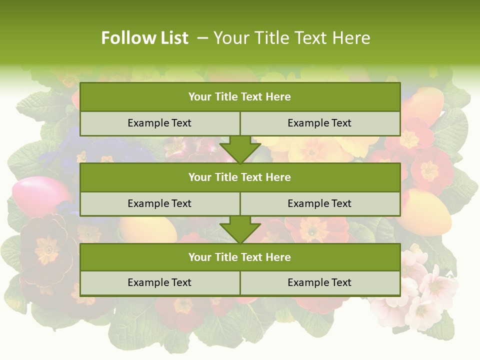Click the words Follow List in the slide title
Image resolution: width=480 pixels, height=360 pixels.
(x=144, y=38)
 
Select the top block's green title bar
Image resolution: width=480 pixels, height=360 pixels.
(x=240, y=97)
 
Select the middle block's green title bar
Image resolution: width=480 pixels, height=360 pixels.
(x=240, y=177)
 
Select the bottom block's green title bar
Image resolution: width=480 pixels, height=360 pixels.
(x=240, y=257)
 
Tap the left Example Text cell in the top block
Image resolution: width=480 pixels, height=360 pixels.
(x=159, y=123)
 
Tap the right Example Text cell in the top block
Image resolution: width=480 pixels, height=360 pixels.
(x=319, y=123)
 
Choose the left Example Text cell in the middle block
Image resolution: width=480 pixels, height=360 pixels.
(x=159, y=203)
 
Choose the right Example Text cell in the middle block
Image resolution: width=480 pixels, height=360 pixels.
(x=319, y=203)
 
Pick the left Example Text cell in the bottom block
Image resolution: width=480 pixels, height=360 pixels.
(x=159, y=282)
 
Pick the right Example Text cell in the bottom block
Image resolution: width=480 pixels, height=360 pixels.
(x=319, y=282)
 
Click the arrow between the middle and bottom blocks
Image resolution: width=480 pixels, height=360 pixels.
(x=240, y=229)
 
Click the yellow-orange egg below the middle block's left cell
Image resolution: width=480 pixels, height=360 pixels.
(x=150, y=230)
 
